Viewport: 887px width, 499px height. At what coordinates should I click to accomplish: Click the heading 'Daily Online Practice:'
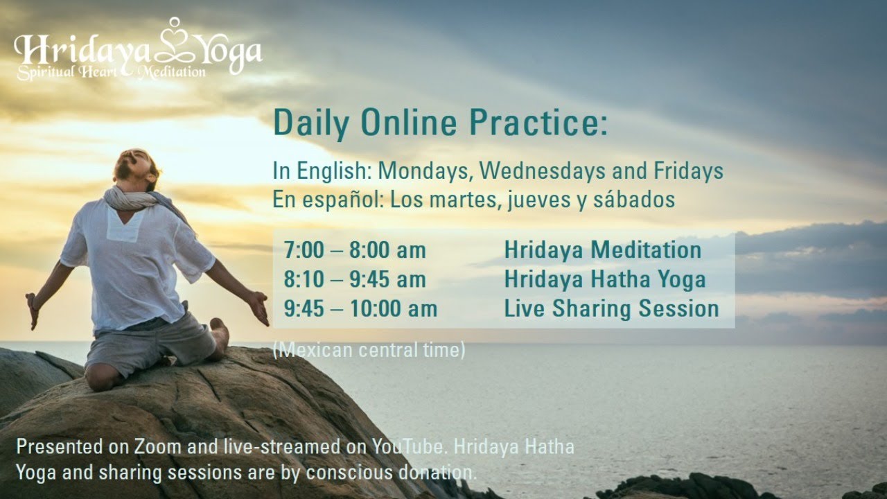pos(440,123)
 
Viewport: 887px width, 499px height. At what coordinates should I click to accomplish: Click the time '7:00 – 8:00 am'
pos(354,250)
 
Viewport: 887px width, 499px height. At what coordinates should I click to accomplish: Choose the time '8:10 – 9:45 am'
pos(354,279)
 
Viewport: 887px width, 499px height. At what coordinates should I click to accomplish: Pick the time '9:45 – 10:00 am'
pos(360,308)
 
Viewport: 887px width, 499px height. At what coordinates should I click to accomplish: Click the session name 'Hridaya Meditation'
pos(602,250)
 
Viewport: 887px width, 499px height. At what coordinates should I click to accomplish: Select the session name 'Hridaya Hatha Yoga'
pos(605,279)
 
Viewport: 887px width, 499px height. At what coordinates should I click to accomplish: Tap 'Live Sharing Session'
pos(611,308)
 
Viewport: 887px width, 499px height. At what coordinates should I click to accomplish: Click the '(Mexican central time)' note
pos(369,350)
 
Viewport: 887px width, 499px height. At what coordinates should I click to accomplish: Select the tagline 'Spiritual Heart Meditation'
pos(111,71)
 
